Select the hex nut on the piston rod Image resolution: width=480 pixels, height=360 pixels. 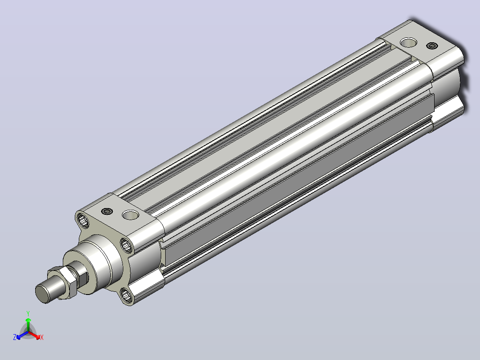point(67,282)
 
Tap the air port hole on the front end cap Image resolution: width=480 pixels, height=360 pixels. point(130,215)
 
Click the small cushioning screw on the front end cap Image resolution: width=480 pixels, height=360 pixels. point(107,211)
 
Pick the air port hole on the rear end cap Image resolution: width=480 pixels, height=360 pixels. point(408,42)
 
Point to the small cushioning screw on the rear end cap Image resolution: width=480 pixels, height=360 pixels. point(432,46)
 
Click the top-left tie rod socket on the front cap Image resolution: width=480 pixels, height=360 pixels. point(83,220)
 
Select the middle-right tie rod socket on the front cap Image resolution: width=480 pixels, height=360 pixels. point(126,245)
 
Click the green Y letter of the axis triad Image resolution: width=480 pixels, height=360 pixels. point(28,313)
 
